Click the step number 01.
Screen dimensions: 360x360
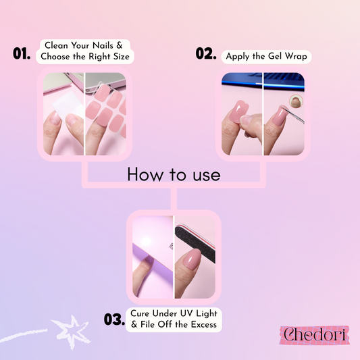[22, 53]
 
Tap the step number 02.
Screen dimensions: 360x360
[206, 53]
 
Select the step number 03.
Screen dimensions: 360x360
[115, 319]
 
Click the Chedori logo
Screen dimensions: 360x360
[315, 335]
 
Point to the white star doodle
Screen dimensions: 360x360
[71, 332]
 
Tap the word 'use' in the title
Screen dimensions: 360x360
[207, 176]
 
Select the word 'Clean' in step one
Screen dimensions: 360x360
[56, 45]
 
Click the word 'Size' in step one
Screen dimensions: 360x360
[122, 57]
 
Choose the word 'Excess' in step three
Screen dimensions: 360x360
[204, 324]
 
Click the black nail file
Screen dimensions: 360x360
[195, 242]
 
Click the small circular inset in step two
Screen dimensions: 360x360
[296, 101]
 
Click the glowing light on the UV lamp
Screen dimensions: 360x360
[146, 242]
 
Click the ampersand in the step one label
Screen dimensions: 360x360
[120, 45]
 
